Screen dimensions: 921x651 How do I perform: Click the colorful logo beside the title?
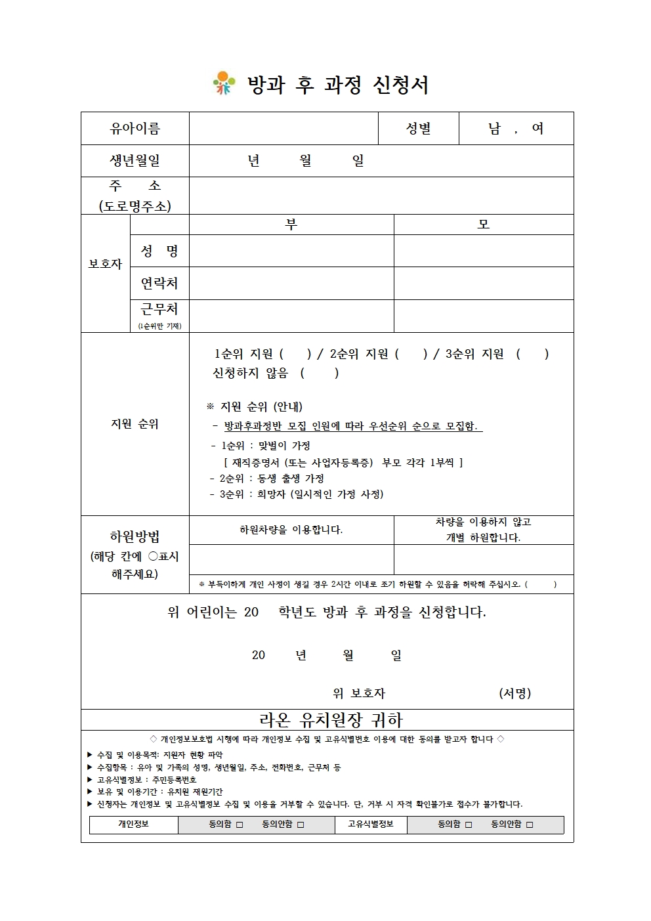point(224,83)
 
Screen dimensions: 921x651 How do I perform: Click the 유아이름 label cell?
point(135,129)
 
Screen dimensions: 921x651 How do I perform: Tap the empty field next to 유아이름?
point(283,129)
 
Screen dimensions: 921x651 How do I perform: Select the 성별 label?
point(418,129)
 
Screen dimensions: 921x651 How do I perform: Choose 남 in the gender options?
point(494,129)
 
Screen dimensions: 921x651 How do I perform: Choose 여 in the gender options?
point(537,129)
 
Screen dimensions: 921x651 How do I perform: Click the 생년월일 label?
point(135,161)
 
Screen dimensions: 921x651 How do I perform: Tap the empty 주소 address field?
point(381,196)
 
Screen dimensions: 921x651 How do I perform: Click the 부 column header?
point(291,225)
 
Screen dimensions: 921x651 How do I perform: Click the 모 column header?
point(483,225)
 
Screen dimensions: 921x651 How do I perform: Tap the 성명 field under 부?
point(291,251)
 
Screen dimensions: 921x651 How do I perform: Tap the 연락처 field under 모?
point(483,283)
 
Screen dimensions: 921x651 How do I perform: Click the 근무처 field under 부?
point(291,316)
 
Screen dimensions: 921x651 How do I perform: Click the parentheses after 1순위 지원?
point(295,354)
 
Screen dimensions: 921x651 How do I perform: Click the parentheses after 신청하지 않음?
point(320,374)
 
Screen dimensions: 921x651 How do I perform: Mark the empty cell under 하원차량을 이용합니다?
point(291,559)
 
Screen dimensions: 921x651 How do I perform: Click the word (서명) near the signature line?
point(514,693)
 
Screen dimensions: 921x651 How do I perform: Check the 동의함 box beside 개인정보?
point(240,825)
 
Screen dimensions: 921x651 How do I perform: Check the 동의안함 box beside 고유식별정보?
point(530,825)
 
